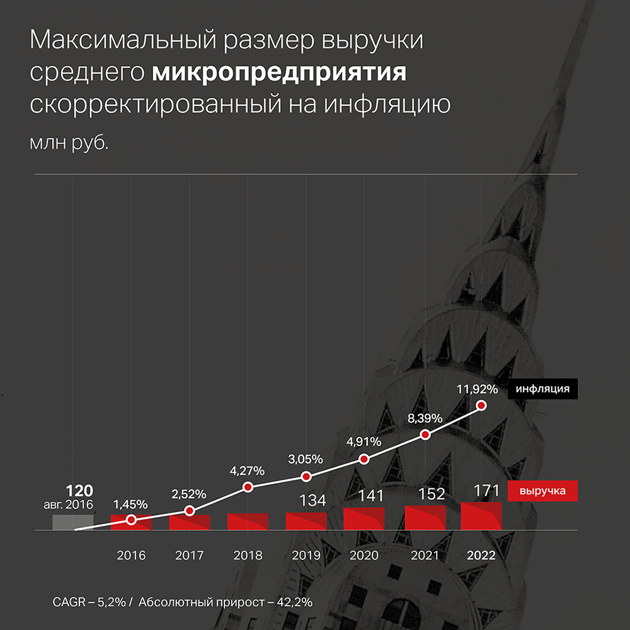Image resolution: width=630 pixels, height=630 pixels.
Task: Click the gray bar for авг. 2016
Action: [x=72, y=522]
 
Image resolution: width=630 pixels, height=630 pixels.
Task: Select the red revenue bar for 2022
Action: [x=481, y=516]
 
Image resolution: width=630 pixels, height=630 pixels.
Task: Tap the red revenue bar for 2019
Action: [x=306, y=521]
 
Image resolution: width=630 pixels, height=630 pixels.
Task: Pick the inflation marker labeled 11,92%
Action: [x=483, y=406]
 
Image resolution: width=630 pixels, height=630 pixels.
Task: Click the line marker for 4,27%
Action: [x=248, y=487]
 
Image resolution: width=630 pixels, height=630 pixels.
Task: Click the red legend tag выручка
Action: [x=542, y=491]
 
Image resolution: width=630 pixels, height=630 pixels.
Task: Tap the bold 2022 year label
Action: [x=481, y=556]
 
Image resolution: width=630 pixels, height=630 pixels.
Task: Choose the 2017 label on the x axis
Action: [x=189, y=556]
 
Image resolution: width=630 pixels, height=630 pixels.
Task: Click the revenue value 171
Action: [x=487, y=491]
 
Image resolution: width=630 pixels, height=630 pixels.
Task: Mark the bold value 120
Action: [x=80, y=491]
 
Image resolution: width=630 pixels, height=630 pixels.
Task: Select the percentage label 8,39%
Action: [x=425, y=418]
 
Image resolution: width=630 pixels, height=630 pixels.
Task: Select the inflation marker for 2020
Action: [x=364, y=459]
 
